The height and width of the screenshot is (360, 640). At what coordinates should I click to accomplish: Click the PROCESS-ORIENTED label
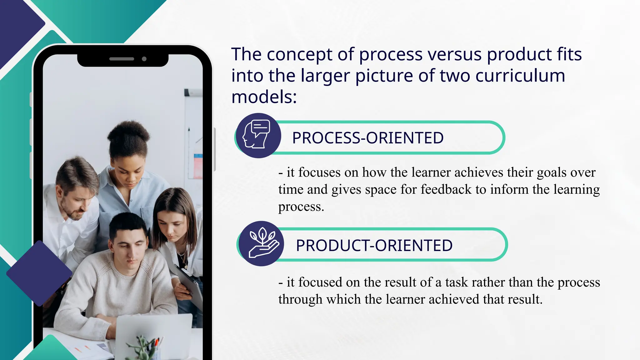pos(368,138)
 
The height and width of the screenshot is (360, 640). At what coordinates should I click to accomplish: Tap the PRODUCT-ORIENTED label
pos(374,245)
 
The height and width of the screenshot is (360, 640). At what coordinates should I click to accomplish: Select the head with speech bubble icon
pos(258,135)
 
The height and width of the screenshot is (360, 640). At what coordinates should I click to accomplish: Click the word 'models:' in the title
pos(264,97)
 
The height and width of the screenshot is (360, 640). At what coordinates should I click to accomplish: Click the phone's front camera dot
pos(144,59)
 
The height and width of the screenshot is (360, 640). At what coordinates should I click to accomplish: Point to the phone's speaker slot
pos(122,59)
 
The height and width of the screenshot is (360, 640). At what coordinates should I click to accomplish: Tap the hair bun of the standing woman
pos(128,133)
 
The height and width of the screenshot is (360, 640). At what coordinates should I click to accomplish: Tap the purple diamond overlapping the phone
pos(39,273)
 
